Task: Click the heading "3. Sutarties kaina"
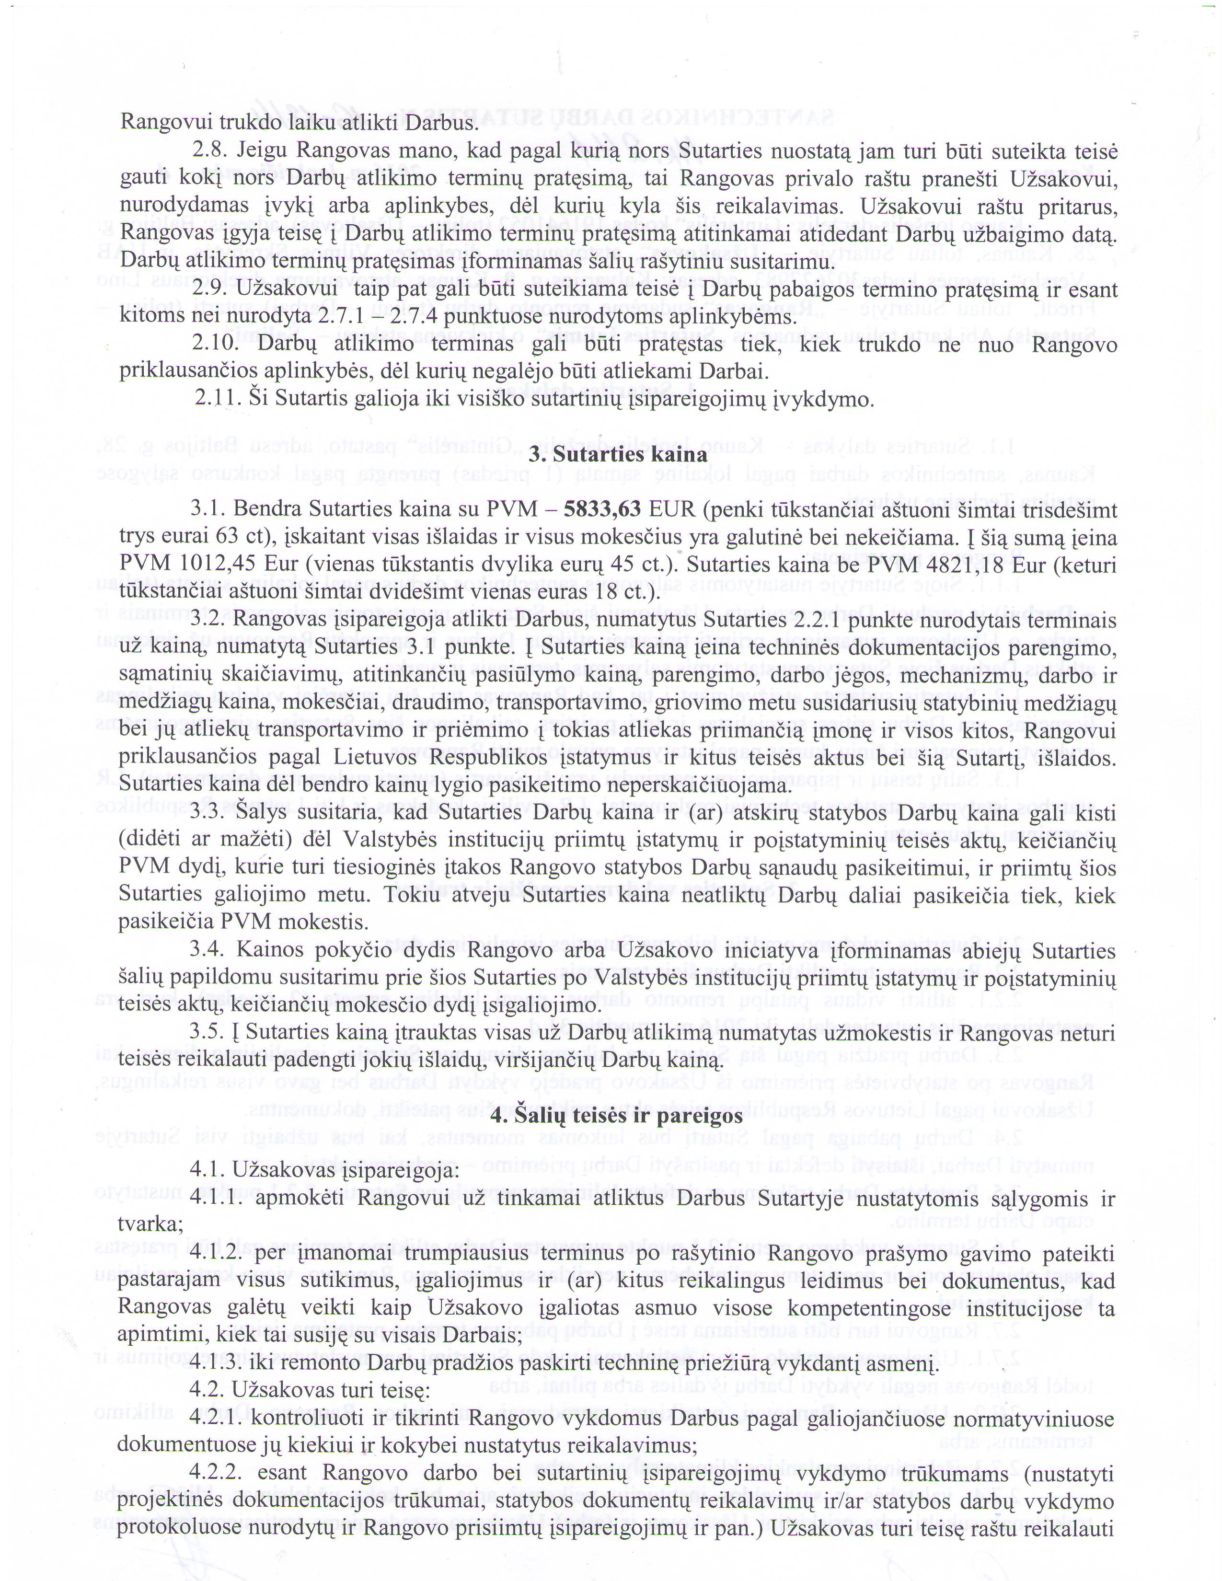618,455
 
